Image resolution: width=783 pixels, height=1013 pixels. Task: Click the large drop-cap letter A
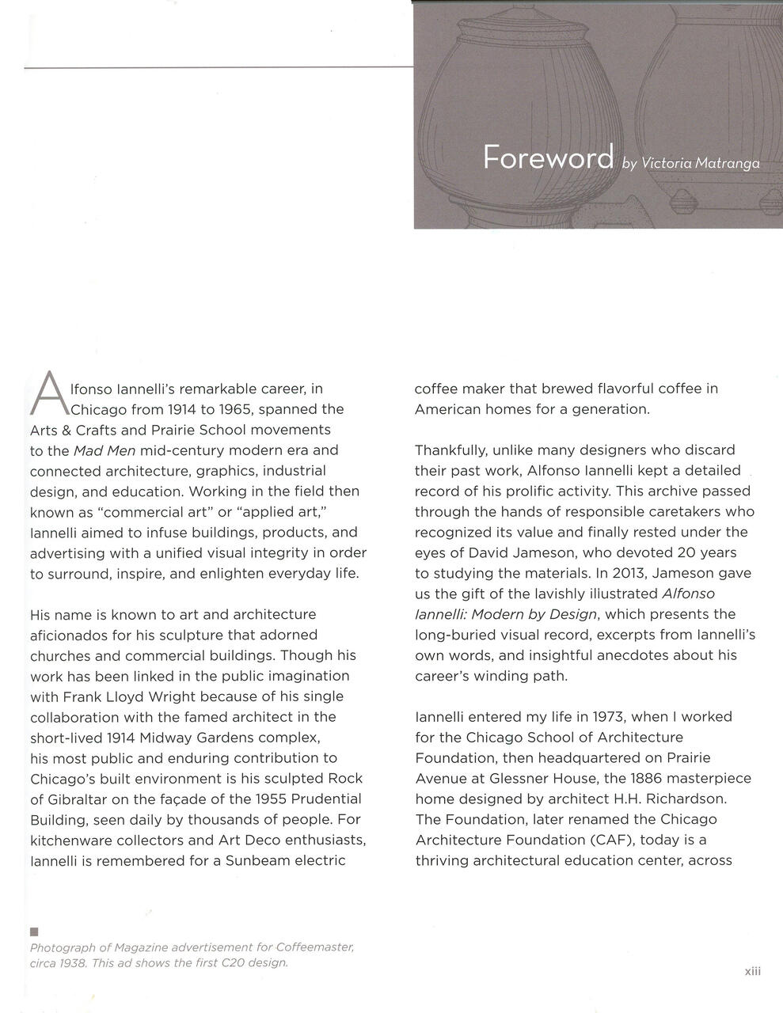point(49,393)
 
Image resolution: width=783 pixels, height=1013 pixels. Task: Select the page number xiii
point(752,971)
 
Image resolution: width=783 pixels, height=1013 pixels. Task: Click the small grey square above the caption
point(33,931)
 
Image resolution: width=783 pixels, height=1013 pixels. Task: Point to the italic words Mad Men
point(105,450)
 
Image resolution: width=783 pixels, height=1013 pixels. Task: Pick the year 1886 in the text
point(644,778)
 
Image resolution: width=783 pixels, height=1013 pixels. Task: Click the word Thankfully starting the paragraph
point(450,450)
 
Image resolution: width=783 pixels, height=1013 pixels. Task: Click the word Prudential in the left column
point(319,799)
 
